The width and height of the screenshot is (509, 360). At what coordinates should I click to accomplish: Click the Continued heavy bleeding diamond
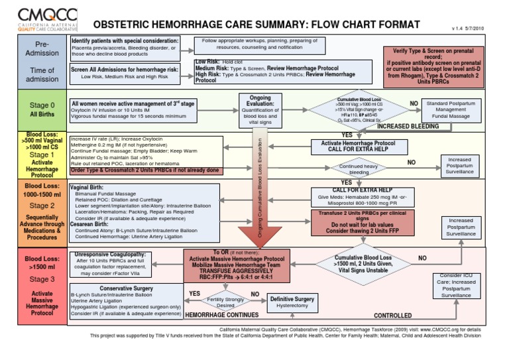(x=359, y=168)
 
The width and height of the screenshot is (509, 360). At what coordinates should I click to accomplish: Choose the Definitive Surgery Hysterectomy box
(x=291, y=303)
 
